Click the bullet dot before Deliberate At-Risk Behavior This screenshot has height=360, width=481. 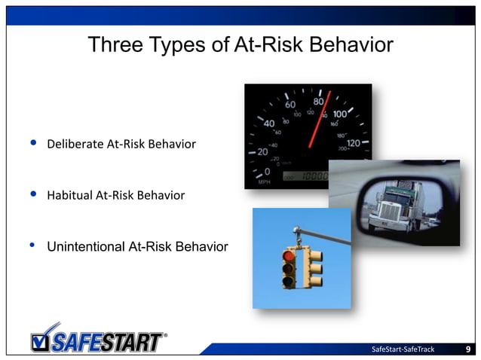(x=32, y=143)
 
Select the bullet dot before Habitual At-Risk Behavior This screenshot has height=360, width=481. (x=32, y=194)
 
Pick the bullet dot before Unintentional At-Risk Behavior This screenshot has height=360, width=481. (x=32, y=246)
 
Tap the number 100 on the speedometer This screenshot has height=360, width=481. (x=339, y=114)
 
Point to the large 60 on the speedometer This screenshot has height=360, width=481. (x=290, y=105)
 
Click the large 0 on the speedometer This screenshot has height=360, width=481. (x=267, y=172)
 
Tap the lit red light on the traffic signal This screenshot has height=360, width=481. (x=289, y=256)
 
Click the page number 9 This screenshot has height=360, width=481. (x=468, y=349)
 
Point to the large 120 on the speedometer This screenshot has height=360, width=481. (x=352, y=142)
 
